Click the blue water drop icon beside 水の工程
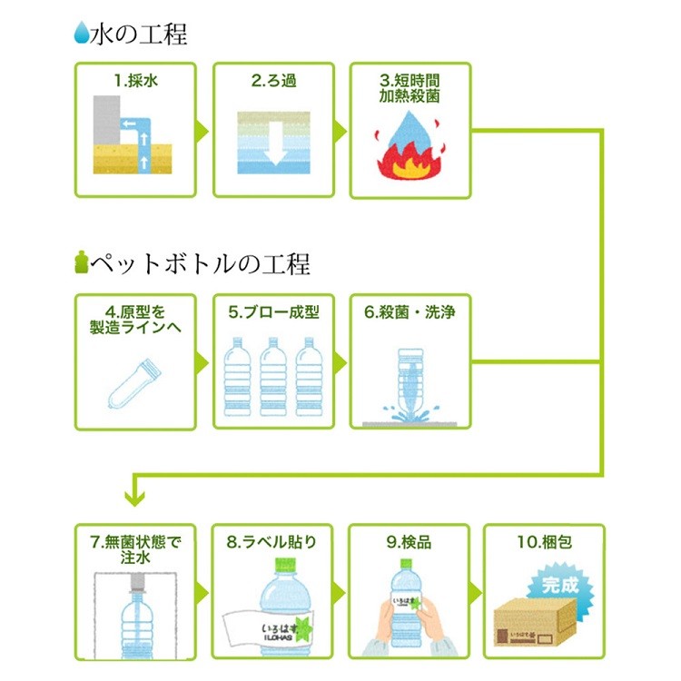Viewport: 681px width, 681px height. coord(81,33)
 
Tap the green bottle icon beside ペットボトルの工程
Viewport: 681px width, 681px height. coord(81,262)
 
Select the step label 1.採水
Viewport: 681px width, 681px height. coord(135,81)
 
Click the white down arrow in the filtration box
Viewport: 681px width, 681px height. coord(275,144)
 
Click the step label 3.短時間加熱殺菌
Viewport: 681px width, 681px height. coord(410,88)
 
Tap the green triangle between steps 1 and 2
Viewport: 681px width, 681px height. coord(202,131)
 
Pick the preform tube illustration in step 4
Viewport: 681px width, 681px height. coord(134,384)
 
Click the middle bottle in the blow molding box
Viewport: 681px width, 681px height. coord(273,377)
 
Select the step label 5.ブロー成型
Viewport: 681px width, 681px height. coord(273,312)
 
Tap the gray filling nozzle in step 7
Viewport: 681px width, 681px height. coord(138,583)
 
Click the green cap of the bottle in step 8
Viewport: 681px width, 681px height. coord(285,565)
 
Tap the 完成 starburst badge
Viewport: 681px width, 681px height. coord(560,586)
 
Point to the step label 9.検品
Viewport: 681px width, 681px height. coord(409,542)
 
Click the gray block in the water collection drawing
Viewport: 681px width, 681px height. coord(107,120)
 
